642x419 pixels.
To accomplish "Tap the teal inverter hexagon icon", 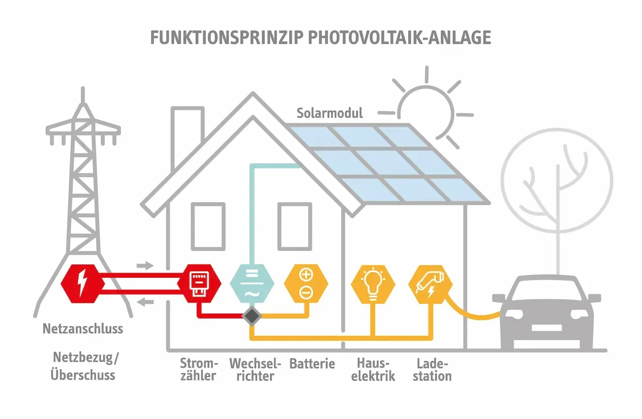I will [x=252, y=283].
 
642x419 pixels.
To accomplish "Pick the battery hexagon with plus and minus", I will [x=306, y=283].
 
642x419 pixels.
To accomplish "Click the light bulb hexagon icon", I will [x=373, y=283].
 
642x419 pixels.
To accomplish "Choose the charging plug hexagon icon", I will [x=431, y=283].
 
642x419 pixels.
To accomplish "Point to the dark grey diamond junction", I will [x=252, y=315].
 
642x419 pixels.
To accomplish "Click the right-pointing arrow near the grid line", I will [x=145, y=265].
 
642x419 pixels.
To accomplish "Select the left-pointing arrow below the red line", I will [x=145, y=302].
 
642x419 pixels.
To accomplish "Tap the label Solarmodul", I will [x=329, y=113].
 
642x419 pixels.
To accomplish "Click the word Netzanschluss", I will [x=83, y=329].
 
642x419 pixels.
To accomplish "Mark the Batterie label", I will [x=312, y=364].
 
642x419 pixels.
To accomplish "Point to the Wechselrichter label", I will [x=255, y=370].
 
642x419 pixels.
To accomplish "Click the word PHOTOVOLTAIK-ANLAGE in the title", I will [x=399, y=38].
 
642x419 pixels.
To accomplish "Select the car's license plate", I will [x=546, y=327].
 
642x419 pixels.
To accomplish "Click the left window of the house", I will [x=208, y=226].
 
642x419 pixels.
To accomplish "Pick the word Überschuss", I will [x=83, y=375].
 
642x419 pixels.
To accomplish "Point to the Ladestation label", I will [x=432, y=370].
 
